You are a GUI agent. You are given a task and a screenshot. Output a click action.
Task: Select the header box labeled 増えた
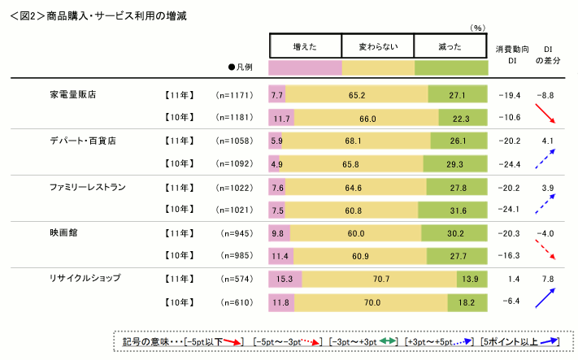point(305,45)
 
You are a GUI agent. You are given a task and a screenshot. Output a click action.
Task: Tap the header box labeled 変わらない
point(378,45)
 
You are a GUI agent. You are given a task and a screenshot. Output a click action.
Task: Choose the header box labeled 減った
point(450,45)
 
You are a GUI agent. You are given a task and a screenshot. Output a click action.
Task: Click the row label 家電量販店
point(73,94)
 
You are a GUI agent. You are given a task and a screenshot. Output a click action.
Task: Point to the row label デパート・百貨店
point(83,141)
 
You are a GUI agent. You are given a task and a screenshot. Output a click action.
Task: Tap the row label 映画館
point(62,232)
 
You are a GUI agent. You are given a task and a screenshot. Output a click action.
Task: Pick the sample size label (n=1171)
point(236,95)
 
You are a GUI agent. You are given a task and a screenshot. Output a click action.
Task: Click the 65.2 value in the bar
point(356,95)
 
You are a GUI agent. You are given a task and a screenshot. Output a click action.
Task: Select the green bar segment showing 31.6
point(457,210)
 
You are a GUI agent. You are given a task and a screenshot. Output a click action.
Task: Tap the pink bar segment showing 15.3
point(285,280)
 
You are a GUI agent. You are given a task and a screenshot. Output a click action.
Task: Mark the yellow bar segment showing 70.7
point(379,280)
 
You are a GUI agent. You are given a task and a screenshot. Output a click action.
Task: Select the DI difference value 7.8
point(548,279)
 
